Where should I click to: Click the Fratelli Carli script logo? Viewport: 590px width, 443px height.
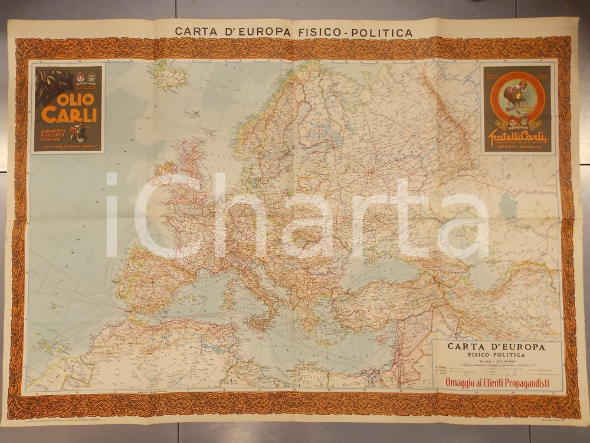(518, 138)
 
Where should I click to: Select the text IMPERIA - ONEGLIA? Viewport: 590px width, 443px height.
(518, 148)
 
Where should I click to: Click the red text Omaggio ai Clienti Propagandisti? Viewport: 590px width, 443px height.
(497, 383)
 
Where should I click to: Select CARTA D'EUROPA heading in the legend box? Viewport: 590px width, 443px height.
(496, 347)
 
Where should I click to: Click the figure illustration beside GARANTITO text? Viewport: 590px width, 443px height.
(80, 131)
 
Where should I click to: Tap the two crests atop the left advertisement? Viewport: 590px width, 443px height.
(86, 77)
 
